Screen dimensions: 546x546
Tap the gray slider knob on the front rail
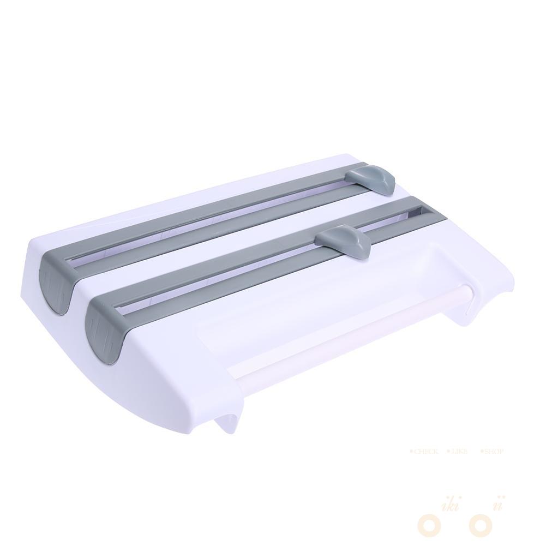345,241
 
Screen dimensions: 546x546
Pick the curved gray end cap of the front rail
104,328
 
